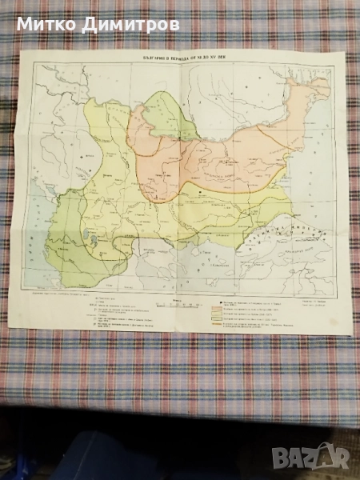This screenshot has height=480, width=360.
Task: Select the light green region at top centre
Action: pos(172,108)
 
